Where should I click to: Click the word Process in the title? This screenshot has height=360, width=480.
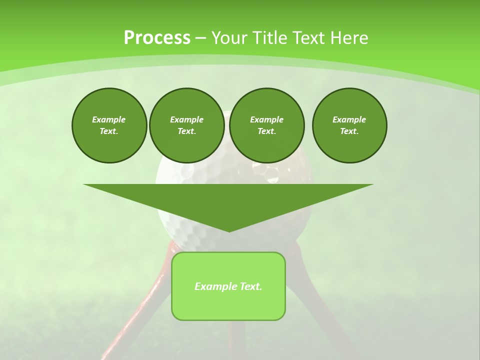pos(157,38)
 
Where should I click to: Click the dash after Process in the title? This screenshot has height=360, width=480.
pos(200,38)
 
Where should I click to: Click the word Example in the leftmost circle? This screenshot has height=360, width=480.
pos(109,119)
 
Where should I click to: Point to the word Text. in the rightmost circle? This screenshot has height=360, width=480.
pos(349,131)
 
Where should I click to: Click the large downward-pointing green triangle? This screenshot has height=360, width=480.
pos(228,200)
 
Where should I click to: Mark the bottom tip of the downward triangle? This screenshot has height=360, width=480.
pos(229,230)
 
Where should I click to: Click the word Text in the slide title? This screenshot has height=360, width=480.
pos(309,38)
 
